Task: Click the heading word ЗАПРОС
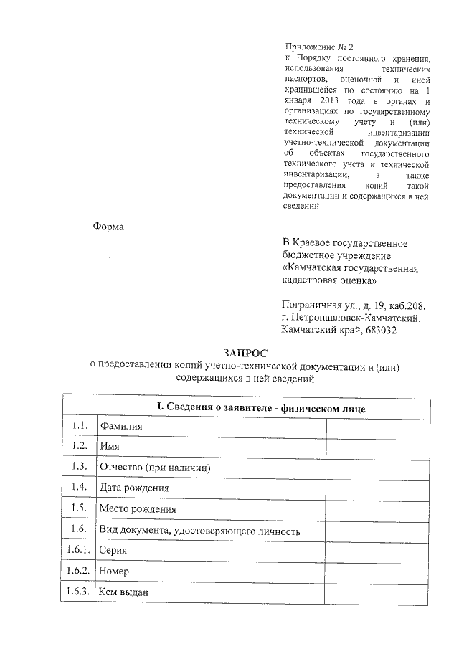click(245, 353)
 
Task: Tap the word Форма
click(108, 227)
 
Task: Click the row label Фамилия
click(121, 426)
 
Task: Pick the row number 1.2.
click(80, 446)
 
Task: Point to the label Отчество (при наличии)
click(154, 468)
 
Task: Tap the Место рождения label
click(138, 509)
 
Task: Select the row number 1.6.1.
click(77, 551)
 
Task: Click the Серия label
click(116, 551)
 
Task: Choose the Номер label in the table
click(115, 572)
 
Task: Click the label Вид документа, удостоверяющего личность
click(199, 531)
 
